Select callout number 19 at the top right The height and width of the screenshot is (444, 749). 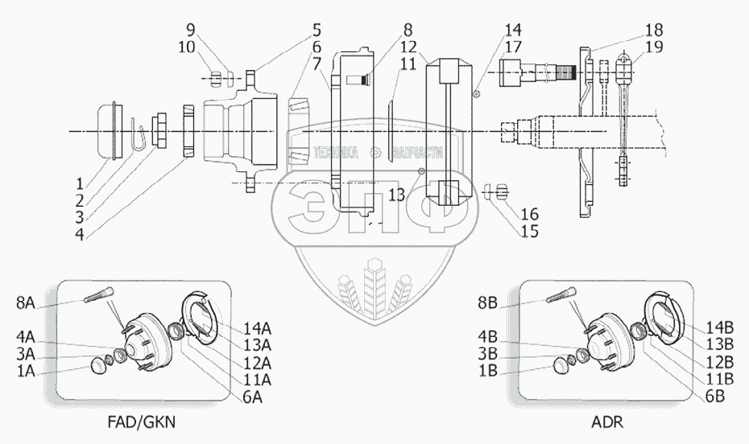click(x=654, y=47)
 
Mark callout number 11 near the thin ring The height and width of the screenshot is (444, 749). click(x=408, y=63)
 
